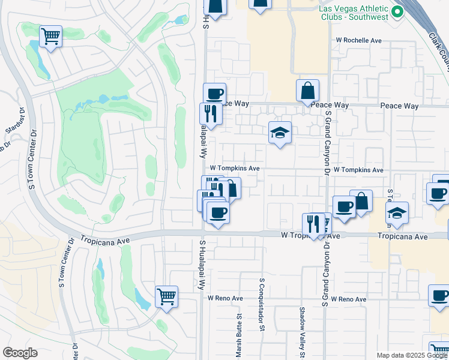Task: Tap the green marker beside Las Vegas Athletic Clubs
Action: [397, 11]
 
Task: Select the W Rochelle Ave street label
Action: [359, 40]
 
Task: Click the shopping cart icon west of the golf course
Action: [51, 37]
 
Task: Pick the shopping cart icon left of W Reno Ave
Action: [166, 296]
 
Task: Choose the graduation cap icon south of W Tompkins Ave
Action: [397, 212]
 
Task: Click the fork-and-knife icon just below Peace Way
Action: [211, 113]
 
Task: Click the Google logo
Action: [20, 353]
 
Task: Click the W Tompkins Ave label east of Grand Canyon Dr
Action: [358, 170]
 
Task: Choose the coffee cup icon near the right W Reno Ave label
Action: [439, 295]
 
